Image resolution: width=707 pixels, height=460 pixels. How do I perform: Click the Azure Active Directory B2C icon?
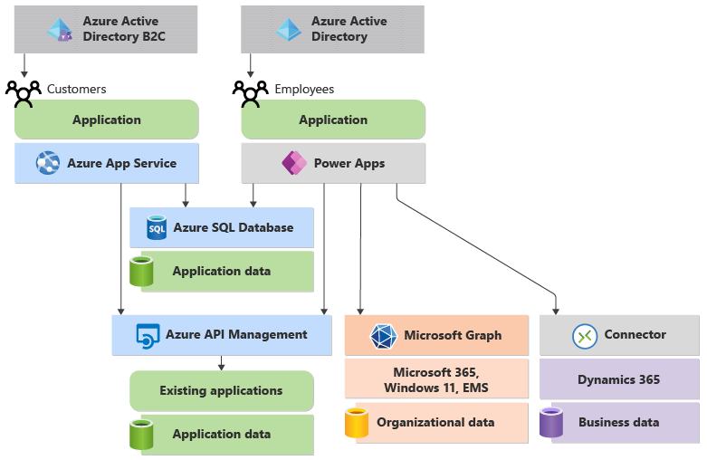[60, 29]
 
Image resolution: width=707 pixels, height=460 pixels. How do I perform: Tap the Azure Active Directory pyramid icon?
[288, 29]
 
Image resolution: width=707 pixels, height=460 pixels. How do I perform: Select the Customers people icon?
[24, 91]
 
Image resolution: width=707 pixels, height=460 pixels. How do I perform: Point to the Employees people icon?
[251, 91]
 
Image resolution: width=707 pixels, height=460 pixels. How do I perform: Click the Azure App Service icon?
[47, 164]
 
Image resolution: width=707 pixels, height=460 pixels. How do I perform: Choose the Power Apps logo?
[293, 164]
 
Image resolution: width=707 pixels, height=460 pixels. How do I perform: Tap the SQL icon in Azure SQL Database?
[157, 228]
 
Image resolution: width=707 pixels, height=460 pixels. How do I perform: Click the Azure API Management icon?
[147, 335]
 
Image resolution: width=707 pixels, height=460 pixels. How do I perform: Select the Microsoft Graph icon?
[384, 336]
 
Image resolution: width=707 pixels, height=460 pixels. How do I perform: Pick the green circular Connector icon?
[585, 336]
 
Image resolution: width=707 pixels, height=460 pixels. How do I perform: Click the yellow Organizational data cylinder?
[358, 423]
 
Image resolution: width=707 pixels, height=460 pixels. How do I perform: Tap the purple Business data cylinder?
[551, 423]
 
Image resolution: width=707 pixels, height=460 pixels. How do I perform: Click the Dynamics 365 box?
[619, 379]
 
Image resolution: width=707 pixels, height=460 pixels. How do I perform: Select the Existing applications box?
[221, 391]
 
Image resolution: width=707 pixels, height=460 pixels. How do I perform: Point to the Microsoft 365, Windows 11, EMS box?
[436, 379]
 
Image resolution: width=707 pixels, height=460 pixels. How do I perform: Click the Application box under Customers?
[107, 120]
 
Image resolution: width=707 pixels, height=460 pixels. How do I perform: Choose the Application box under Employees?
[333, 120]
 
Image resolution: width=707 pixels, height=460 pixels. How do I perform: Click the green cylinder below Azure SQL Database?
[141, 272]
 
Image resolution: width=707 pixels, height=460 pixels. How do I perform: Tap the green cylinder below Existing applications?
[141, 435]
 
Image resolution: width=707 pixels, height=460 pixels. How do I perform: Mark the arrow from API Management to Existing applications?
[221, 362]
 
